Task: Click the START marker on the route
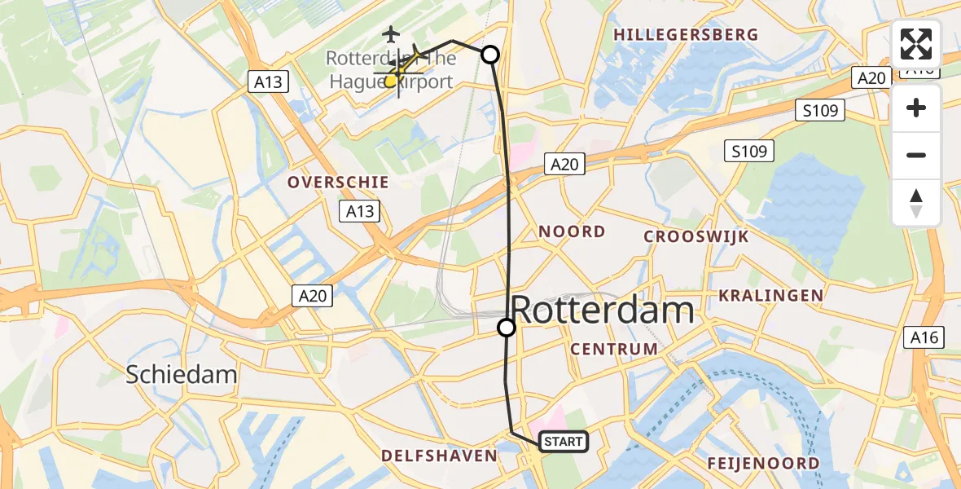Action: tap(563, 442)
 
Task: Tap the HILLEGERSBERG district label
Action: tap(686, 35)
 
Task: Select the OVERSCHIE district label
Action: tap(337, 183)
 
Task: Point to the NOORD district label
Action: tap(572, 231)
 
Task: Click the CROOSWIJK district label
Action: tap(696, 236)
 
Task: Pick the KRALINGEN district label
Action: tap(770, 295)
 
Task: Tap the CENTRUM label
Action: tap(614, 349)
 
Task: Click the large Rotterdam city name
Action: tap(603, 311)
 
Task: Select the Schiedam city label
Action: tap(182, 374)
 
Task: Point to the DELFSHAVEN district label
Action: tap(440, 456)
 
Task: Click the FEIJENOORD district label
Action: tap(763, 464)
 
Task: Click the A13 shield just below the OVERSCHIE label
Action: tap(359, 212)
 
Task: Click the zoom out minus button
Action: tap(916, 156)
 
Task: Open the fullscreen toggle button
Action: tap(916, 44)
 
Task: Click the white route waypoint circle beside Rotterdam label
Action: tap(507, 328)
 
